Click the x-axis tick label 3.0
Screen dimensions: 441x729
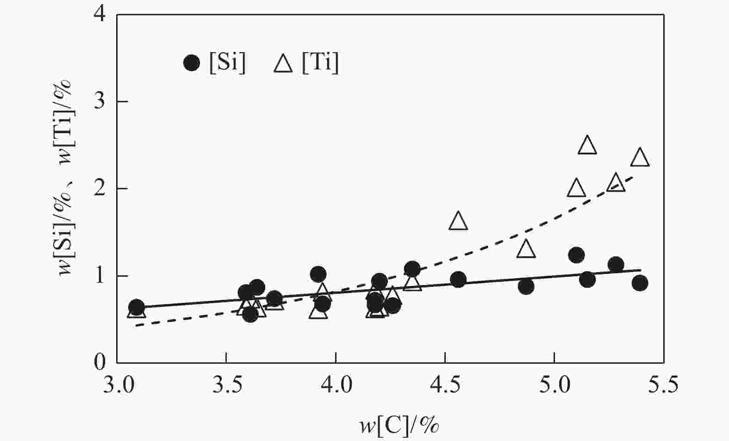[117, 385]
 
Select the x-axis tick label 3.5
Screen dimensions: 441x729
[226, 385]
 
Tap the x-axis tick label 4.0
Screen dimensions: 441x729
[336, 385]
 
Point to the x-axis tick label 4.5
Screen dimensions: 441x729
[445, 385]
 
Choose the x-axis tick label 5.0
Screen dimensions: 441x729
[554, 385]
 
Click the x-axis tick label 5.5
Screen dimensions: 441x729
[663, 385]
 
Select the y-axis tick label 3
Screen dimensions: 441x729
[100, 102]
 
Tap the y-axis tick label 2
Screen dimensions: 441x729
[100, 189]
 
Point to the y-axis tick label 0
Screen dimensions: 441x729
[100, 362]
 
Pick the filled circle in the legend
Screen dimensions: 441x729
[192, 62]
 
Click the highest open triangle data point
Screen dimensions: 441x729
[587, 146]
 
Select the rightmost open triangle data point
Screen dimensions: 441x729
[640, 158]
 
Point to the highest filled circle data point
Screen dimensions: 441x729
[576, 255]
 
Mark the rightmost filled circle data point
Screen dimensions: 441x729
[640, 283]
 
